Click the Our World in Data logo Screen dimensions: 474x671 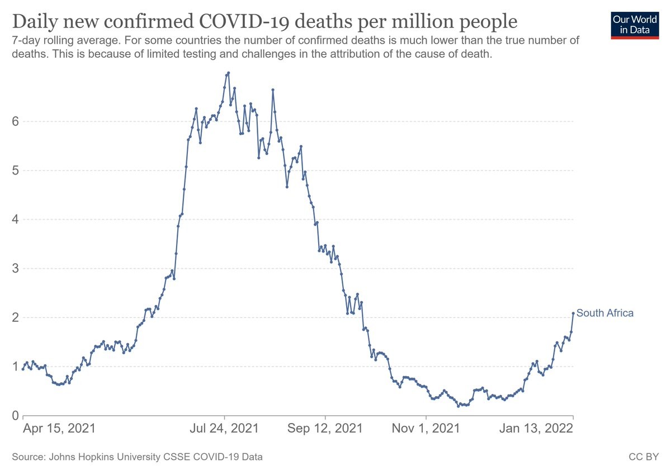click(635, 24)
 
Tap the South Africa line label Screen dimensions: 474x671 click(605, 313)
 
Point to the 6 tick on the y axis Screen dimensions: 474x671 click(15, 121)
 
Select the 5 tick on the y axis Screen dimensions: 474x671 click(15, 171)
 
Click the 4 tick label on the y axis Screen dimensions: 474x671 click(15, 219)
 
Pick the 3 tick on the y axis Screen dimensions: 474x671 click(15, 269)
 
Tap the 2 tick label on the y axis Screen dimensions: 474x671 click(15, 317)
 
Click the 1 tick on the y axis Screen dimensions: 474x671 click(15, 367)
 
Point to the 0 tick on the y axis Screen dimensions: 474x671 click(15, 416)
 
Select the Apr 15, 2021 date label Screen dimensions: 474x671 click(59, 429)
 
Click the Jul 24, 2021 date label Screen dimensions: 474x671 click(225, 429)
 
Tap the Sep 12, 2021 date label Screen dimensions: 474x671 click(325, 429)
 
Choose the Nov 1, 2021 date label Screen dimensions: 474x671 click(426, 429)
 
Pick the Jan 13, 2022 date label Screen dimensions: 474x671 click(536, 429)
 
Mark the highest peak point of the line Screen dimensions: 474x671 click(229, 73)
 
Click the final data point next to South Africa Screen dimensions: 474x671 click(573, 313)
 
